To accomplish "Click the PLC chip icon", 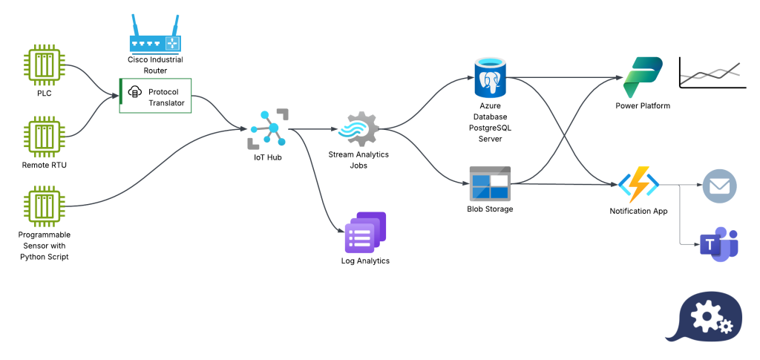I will click(x=45, y=65).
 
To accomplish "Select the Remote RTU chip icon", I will click(x=45, y=137).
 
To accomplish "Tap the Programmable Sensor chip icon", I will click(x=45, y=207).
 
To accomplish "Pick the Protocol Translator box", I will click(x=156, y=96).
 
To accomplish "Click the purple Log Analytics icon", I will click(x=365, y=232).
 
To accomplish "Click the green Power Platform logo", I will click(x=642, y=76).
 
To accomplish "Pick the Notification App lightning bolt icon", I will click(x=638, y=184).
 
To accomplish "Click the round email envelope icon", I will click(x=719, y=186).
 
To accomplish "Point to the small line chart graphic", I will click(x=712, y=73).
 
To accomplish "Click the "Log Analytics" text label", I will click(x=365, y=261).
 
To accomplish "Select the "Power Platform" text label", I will click(x=643, y=105).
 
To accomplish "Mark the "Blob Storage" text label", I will click(x=490, y=209).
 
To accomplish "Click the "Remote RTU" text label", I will click(x=45, y=165).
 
